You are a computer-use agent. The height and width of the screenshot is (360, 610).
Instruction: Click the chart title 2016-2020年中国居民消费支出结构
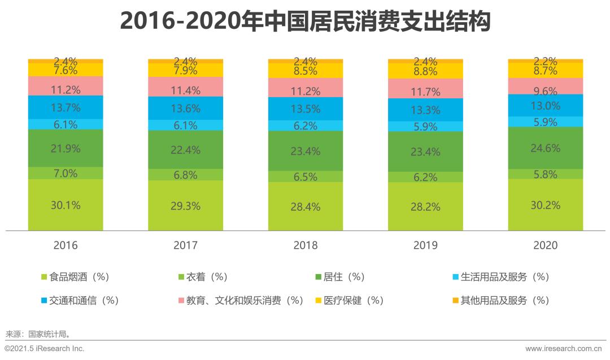coord(305,22)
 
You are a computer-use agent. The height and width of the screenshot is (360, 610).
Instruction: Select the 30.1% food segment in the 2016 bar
coord(66,205)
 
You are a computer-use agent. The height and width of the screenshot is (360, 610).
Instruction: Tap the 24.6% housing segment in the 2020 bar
coord(545,148)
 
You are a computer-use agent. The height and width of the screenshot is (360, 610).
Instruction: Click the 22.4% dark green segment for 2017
coord(185,149)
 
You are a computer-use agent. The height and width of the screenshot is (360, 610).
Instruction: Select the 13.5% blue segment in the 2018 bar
coord(306,109)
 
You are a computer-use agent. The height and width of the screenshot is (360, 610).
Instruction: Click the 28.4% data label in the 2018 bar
coord(306,206)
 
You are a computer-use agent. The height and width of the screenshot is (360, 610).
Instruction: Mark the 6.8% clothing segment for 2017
coord(185,175)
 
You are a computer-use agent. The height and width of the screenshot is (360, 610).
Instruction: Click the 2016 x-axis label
coord(66,245)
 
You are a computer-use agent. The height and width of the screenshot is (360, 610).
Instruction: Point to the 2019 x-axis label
coord(425,245)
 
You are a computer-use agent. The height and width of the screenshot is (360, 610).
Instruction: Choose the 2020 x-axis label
coord(545,245)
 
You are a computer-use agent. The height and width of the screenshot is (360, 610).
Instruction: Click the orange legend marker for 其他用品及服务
coord(455,301)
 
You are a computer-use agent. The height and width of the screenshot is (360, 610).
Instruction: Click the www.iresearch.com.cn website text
coord(565,349)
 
